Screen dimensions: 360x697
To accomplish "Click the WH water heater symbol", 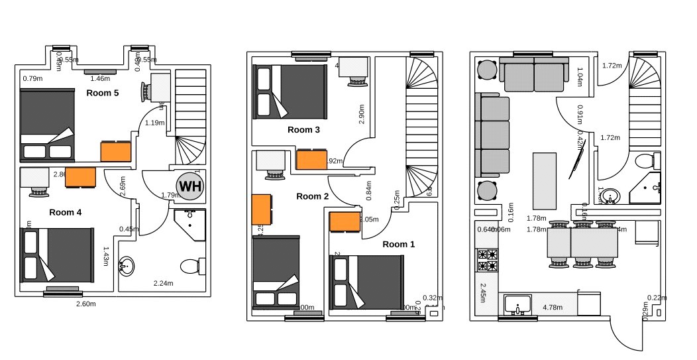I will (190, 187).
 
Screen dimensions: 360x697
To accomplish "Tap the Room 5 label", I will (103, 93).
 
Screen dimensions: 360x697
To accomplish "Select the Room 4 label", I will (65, 212).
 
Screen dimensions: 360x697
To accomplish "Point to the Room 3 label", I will (303, 130).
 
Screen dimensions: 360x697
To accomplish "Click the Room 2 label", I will (312, 196).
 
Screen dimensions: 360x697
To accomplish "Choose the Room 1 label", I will (399, 244).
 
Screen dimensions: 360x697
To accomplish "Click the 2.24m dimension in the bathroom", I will (163, 283).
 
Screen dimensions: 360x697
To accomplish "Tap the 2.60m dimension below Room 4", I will (86, 304).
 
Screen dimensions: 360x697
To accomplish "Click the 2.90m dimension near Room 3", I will (361, 113).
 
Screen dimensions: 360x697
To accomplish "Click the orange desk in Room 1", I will (345, 222).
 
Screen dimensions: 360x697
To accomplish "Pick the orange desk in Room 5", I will (116, 151).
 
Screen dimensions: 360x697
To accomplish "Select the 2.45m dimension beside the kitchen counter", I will (483, 289).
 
